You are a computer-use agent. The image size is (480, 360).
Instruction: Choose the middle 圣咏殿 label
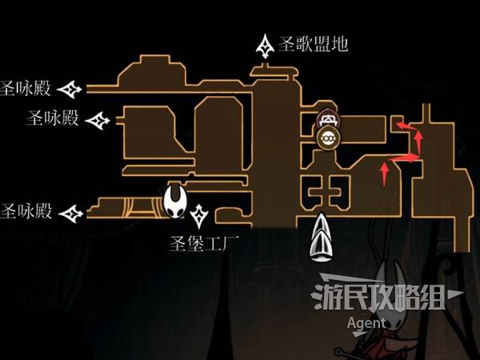54,120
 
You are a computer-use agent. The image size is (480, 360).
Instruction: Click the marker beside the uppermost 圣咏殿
73,88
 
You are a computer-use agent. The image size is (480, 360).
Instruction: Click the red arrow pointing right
407,159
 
